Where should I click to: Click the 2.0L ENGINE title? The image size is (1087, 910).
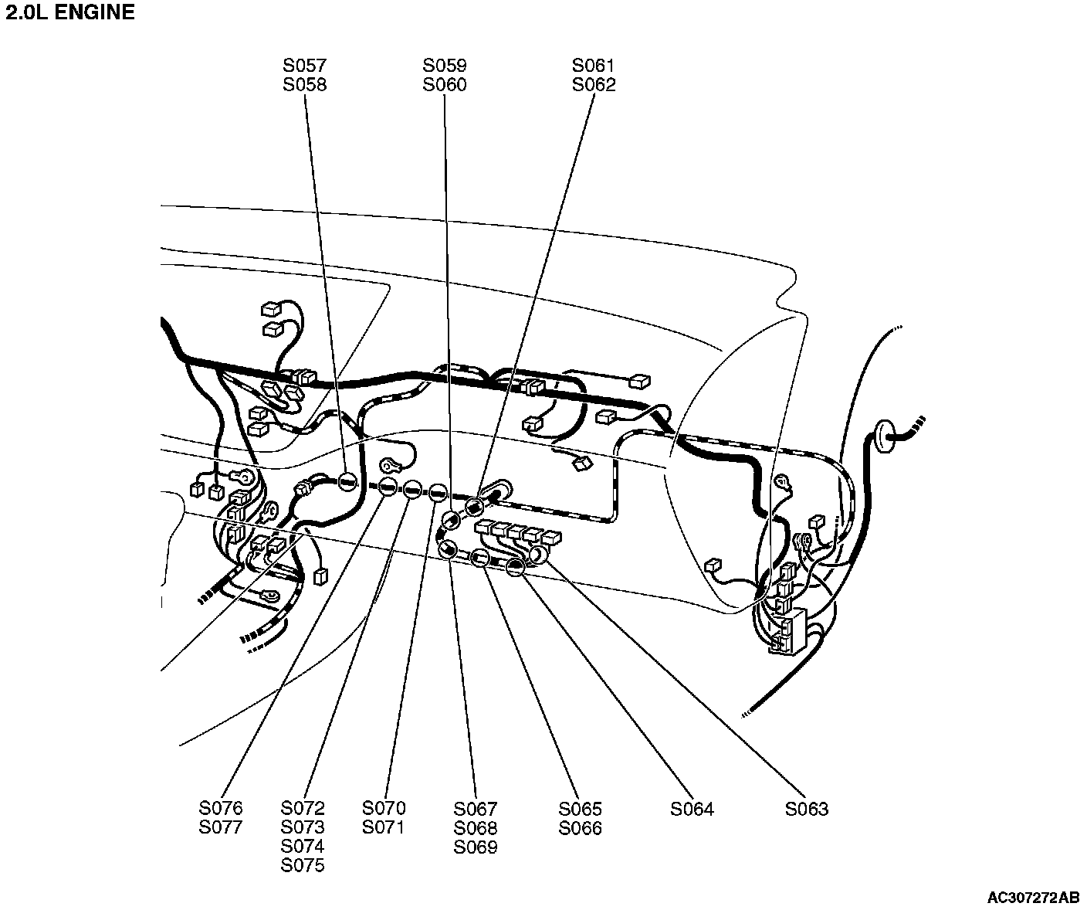(70, 13)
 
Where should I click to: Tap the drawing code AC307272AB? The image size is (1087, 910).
(1033, 898)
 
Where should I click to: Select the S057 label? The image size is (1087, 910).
(304, 66)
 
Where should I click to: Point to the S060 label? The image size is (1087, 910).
(445, 85)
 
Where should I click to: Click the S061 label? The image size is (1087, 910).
(594, 66)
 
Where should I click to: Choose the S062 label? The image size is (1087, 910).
(594, 85)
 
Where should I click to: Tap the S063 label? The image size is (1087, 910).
(807, 809)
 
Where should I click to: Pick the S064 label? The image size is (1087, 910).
(692, 809)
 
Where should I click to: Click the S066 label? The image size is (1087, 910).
(580, 828)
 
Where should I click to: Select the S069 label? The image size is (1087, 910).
(476, 847)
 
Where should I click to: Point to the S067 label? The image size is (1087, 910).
(476, 809)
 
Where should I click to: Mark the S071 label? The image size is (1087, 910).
(384, 827)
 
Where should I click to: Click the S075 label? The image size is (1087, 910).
(303, 866)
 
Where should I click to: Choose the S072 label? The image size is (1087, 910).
(303, 808)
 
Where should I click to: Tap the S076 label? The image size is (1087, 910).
(221, 808)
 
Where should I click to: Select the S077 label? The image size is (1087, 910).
(221, 827)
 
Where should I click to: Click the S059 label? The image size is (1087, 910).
(445, 66)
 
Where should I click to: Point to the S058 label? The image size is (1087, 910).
(304, 85)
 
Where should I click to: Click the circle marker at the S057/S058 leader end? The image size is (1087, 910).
(348, 483)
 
